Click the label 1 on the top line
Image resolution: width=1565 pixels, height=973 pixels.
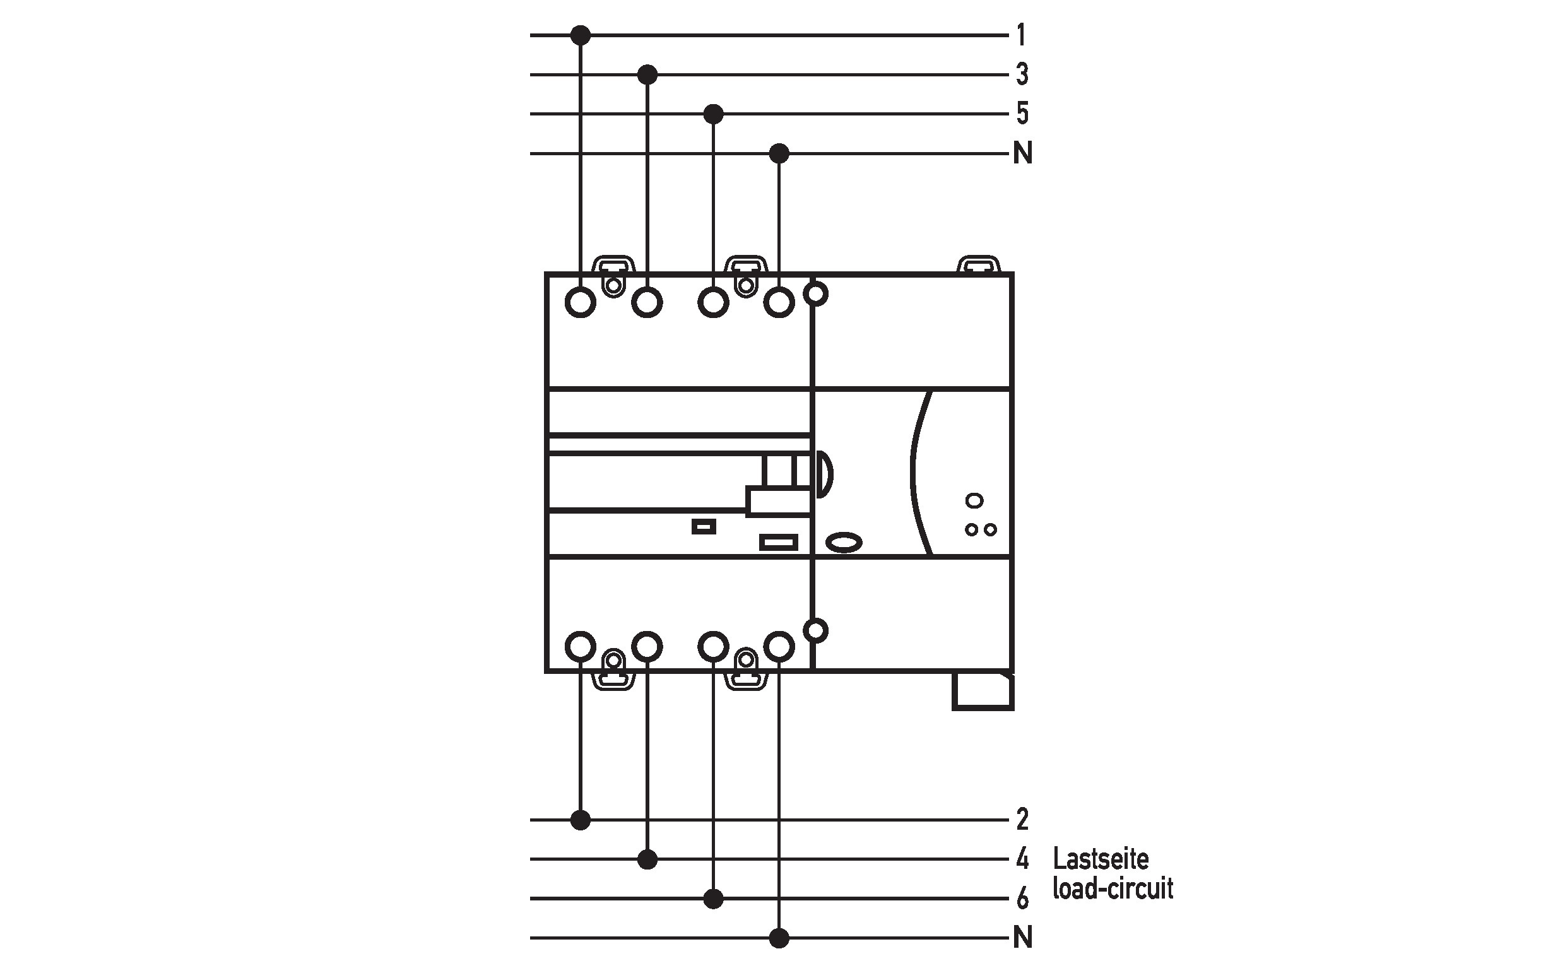[x=1021, y=35]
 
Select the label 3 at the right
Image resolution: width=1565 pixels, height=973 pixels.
[x=1022, y=74]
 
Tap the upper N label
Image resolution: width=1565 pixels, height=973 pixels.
[x=1022, y=153]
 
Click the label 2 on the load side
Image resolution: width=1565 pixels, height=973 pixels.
[x=1022, y=819]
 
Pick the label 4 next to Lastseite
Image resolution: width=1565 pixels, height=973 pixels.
[x=1022, y=859]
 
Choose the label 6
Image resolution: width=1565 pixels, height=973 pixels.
[x=1022, y=899]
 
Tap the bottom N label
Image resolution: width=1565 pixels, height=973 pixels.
[x=1022, y=938]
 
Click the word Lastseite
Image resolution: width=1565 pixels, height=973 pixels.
[x=1101, y=858]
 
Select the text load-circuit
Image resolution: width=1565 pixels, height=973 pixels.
[x=1113, y=888]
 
